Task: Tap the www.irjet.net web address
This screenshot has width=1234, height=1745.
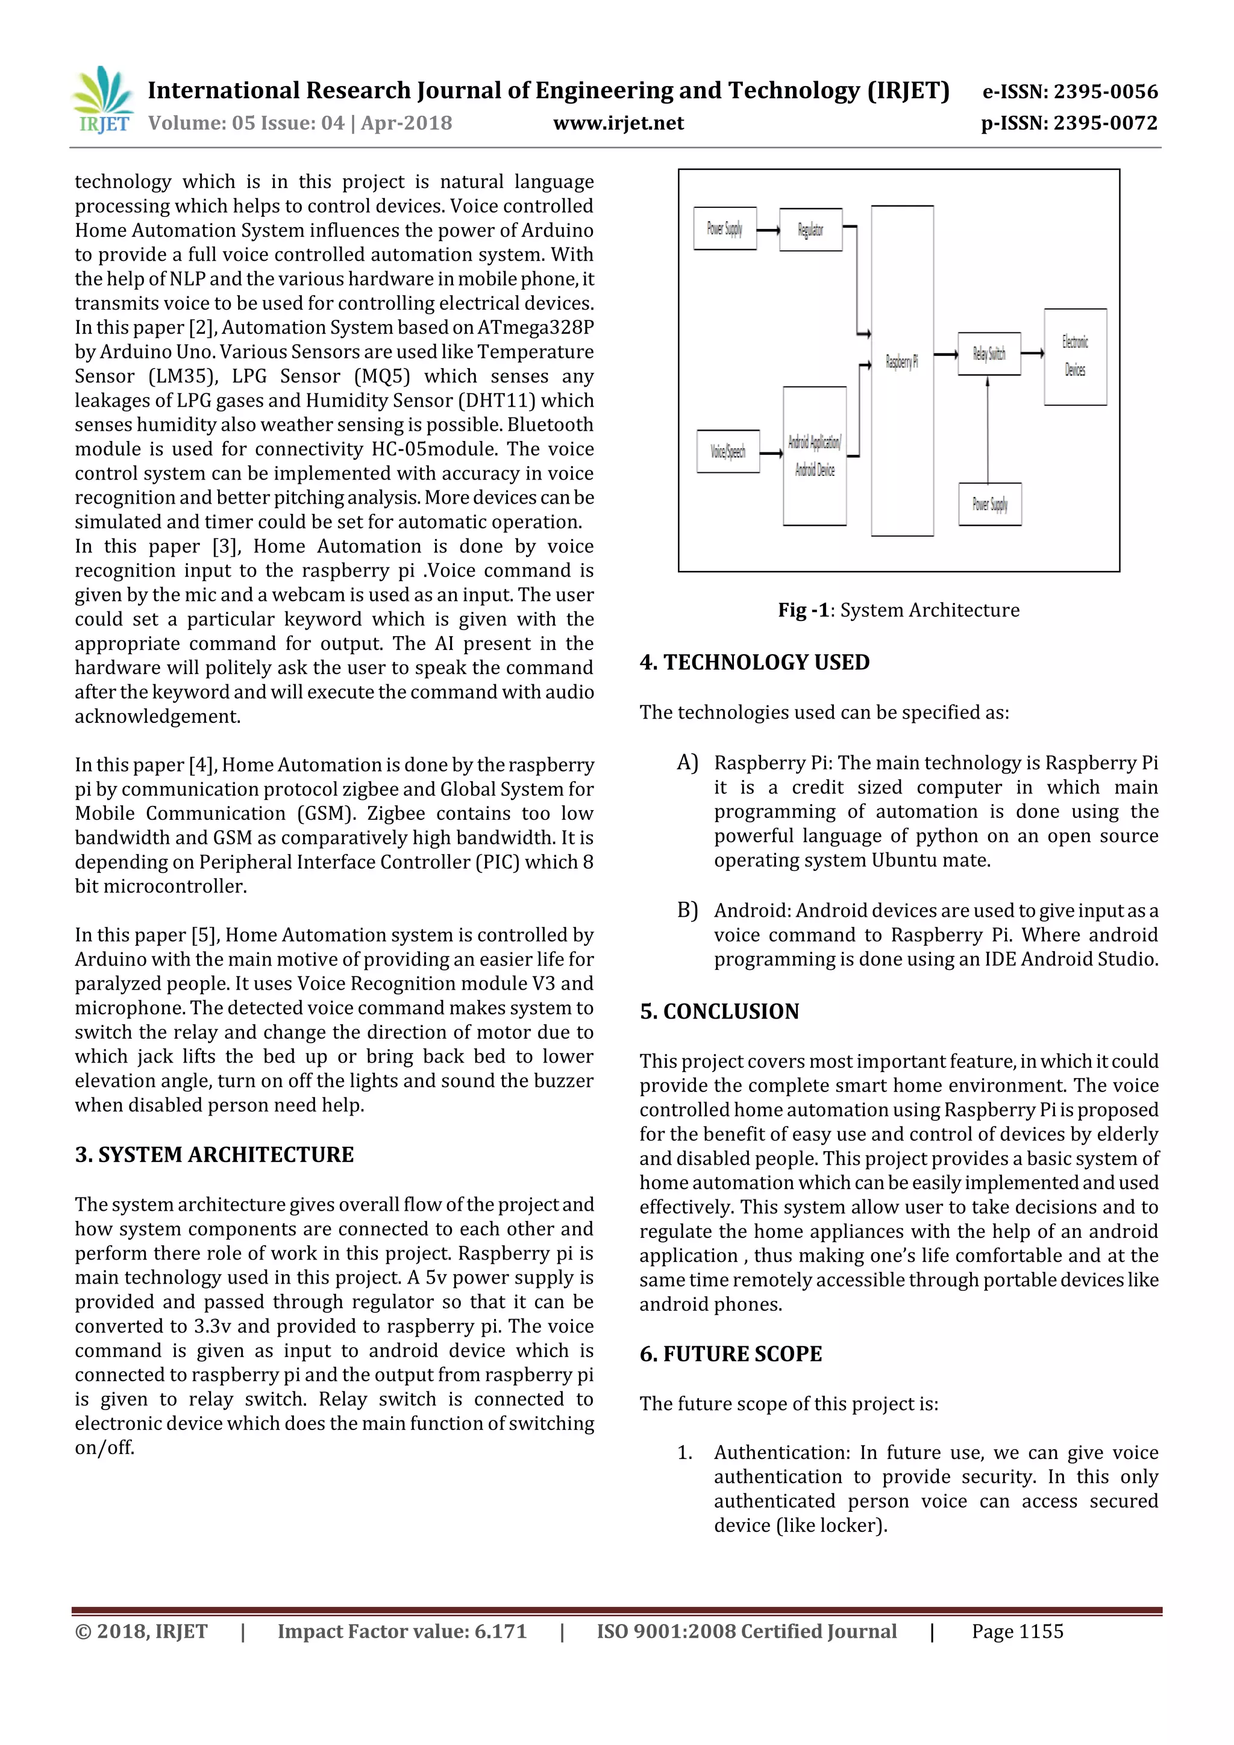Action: (x=618, y=123)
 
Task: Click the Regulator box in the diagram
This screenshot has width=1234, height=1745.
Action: (x=810, y=229)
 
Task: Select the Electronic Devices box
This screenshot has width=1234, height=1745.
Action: (x=1075, y=357)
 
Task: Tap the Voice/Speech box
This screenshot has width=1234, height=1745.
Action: (x=728, y=451)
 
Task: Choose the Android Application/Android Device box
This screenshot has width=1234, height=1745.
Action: (x=814, y=456)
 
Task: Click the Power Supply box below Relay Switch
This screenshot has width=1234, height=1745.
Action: (x=990, y=504)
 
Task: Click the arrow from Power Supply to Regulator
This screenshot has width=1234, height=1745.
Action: (x=768, y=229)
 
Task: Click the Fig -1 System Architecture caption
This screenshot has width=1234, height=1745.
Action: (x=898, y=610)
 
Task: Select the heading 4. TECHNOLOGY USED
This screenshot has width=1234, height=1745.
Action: (x=754, y=662)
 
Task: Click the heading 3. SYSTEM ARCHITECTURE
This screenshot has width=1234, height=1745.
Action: (x=215, y=1155)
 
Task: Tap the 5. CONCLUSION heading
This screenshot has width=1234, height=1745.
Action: (x=719, y=1011)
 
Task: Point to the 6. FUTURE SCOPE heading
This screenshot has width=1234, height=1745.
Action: (x=731, y=1353)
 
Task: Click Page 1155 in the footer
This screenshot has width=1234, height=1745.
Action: (x=1016, y=1632)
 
